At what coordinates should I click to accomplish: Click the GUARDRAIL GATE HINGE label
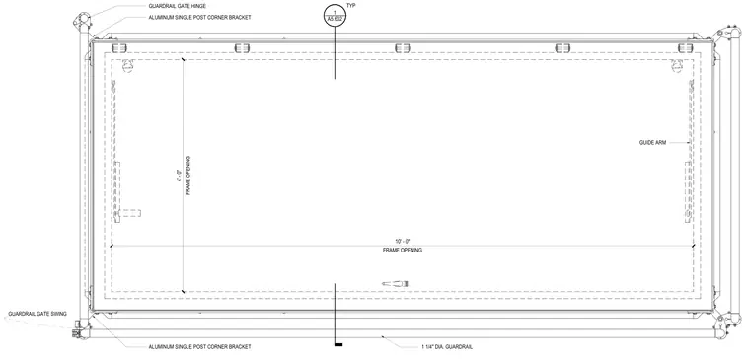pos(177,6)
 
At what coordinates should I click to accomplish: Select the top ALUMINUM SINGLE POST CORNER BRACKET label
pos(199,17)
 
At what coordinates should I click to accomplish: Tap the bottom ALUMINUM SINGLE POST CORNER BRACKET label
pos(199,346)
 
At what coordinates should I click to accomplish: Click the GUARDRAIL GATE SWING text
pos(37,314)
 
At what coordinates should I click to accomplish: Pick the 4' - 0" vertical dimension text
pos(179,176)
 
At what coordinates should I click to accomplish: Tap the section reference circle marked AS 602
pos(335,16)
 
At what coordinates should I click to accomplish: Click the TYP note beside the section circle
pos(351,5)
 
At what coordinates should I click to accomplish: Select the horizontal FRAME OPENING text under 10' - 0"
pos(403,251)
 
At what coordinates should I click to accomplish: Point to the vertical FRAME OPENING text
pos(187,176)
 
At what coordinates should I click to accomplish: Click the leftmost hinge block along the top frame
pos(119,47)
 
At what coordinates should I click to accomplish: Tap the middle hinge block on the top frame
pos(403,47)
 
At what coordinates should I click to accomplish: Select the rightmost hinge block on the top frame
pos(686,47)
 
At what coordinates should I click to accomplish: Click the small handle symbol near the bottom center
pos(395,284)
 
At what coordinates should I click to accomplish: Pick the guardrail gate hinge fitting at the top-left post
pos(81,21)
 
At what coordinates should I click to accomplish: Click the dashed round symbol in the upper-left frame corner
pos(127,65)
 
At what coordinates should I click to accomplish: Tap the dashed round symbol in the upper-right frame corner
pos(677,65)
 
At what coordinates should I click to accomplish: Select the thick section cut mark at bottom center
pos(338,344)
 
